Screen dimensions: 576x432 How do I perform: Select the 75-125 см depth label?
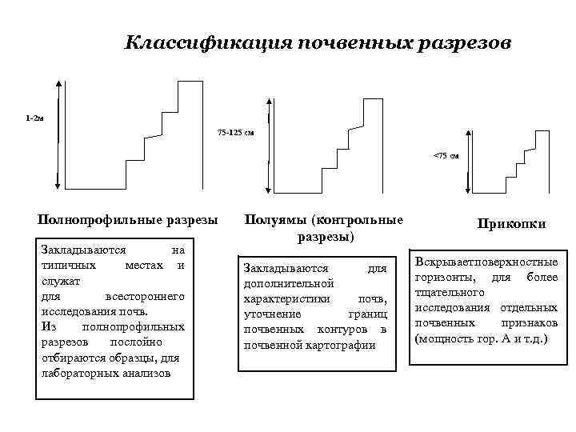(236, 132)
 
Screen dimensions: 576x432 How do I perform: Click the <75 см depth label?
(446, 155)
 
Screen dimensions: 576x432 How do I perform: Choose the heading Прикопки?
(511, 224)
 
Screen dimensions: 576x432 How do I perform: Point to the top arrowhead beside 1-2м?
(58, 81)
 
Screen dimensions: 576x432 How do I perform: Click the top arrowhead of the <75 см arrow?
(470, 142)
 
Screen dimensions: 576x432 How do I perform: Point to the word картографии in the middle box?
(324, 345)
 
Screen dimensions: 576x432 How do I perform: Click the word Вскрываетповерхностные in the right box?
(486, 262)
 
